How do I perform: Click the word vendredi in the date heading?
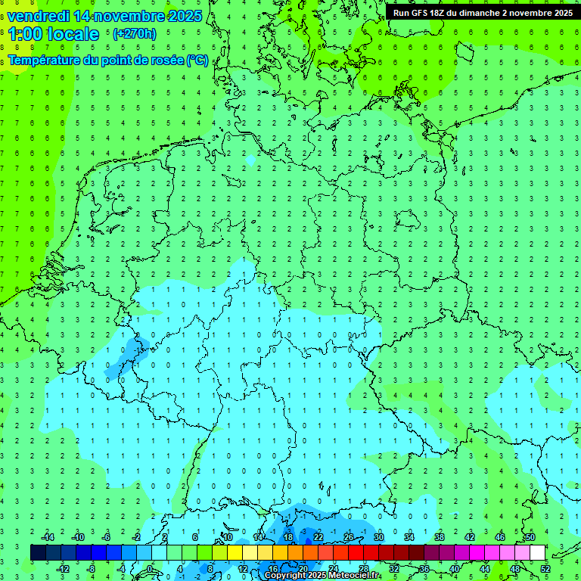[38, 16]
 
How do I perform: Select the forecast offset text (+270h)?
[134, 33]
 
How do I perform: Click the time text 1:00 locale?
[53, 34]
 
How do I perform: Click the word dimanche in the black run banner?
[477, 13]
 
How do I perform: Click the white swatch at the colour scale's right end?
[537, 552]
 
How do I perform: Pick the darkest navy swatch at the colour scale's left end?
[38, 552]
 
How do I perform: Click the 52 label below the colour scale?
[545, 568]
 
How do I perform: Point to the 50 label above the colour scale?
[530, 537]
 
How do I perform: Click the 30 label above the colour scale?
[378, 537]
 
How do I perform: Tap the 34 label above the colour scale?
[409, 537]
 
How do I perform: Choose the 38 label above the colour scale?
[439, 537]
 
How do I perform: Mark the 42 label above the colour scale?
[469, 537]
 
